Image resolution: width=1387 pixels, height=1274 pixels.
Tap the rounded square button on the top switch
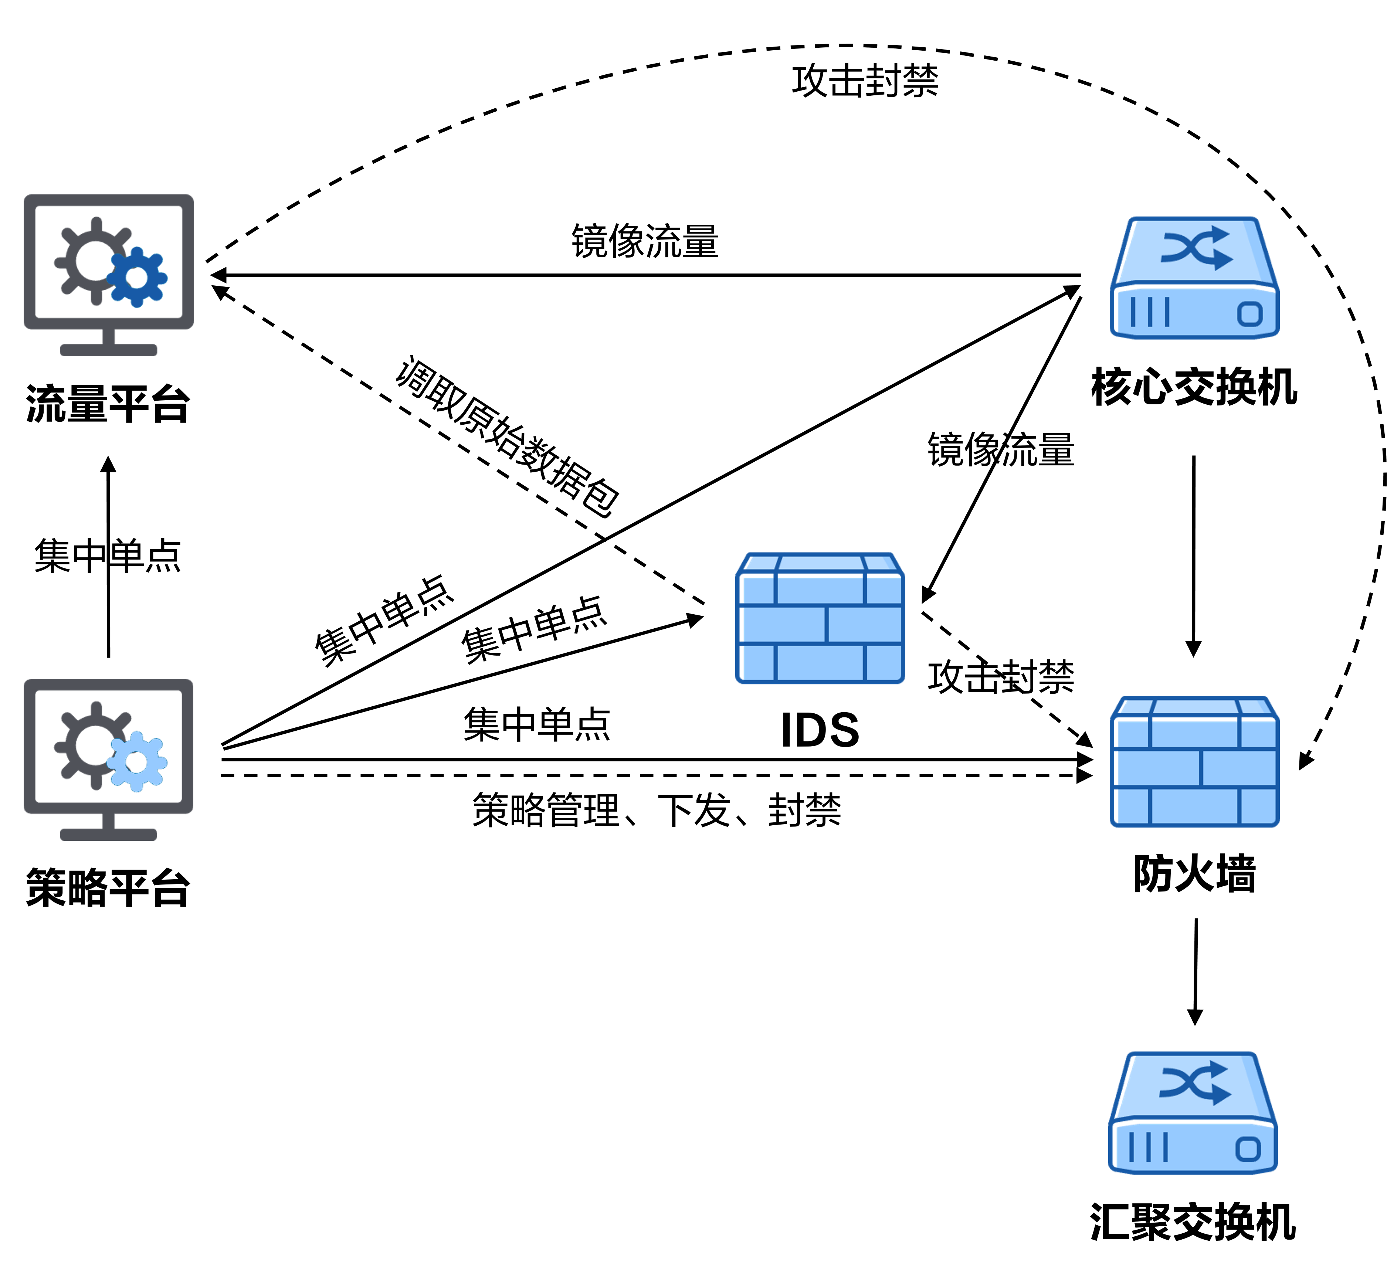(x=1249, y=314)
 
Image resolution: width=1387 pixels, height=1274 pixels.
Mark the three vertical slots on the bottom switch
(x=1149, y=1147)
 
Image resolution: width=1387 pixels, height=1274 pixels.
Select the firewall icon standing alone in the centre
(x=820, y=618)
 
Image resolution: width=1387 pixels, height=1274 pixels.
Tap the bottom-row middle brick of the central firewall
(x=820, y=663)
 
